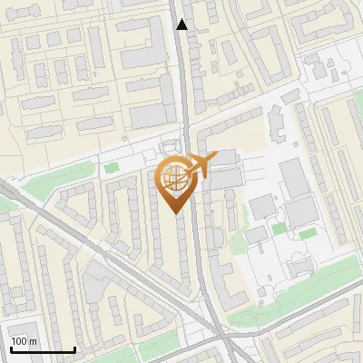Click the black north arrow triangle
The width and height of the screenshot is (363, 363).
pos(182,25)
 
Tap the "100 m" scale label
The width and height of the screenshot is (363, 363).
pos(25,341)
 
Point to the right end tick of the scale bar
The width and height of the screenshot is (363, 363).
pos(74,349)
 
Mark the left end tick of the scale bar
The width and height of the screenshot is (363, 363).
pos(11,349)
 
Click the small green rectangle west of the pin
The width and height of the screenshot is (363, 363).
pos(112,167)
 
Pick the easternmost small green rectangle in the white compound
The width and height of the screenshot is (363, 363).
pos(309,233)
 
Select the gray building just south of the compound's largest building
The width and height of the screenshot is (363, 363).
pos(300,215)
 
